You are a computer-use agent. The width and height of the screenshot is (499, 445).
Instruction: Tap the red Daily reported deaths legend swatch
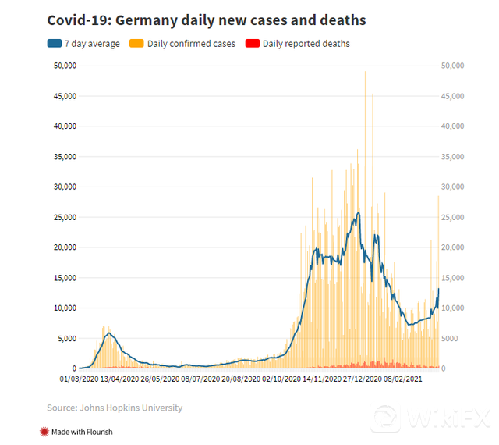pyautogui.click(x=252, y=44)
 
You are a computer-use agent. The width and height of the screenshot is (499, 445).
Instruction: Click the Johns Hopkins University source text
pyautogui.click(x=115, y=408)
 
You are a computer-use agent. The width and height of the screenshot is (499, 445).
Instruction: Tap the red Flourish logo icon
pyautogui.click(x=43, y=431)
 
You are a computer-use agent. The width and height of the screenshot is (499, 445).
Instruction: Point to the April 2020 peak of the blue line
pyautogui.click(x=110, y=333)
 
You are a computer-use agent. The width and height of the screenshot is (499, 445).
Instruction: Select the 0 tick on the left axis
pyautogui.click(x=73, y=368)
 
